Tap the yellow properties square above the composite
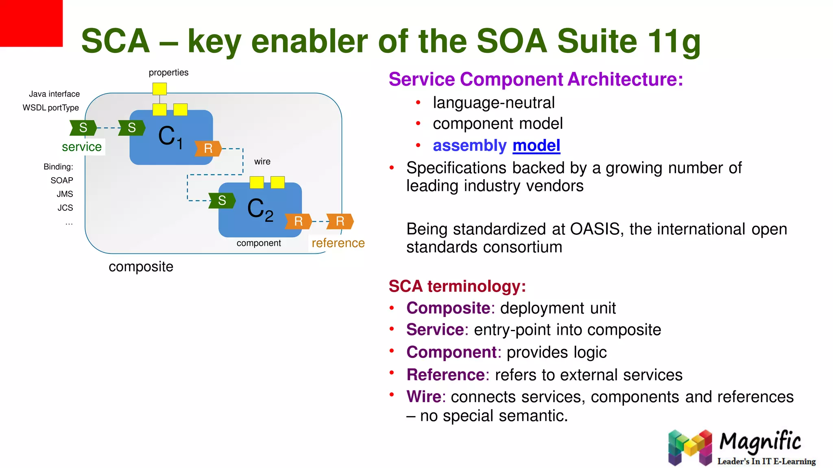click(x=159, y=89)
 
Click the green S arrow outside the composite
click(x=83, y=128)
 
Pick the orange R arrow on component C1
click(x=208, y=148)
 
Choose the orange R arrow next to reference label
click(x=340, y=221)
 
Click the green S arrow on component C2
click(x=222, y=200)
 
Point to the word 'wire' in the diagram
click(x=262, y=161)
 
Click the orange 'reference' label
click(x=338, y=243)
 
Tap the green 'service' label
click(x=82, y=147)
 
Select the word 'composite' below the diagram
click(x=141, y=266)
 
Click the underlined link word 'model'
click(x=536, y=145)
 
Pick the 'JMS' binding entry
click(x=65, y=194)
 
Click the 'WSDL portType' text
click(x=51, y=108)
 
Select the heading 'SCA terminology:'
click(x=457, y=286)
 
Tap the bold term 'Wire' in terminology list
click(x=424, y=396)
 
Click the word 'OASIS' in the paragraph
click(x=595, y=229)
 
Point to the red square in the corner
click(x=31, y=23)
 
